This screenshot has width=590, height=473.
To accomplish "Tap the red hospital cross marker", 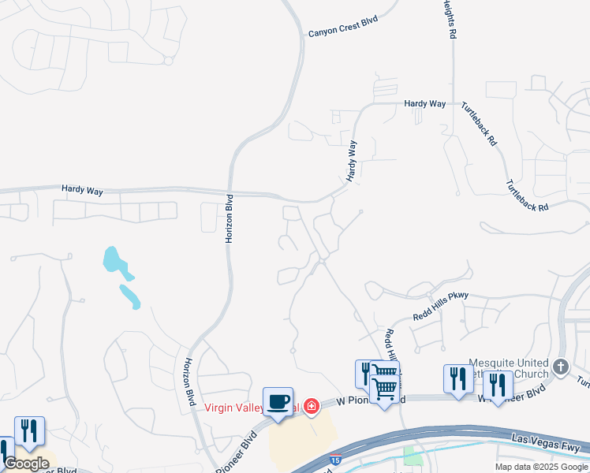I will pos(312,406).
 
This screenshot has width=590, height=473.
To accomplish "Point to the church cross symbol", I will pos(561,367).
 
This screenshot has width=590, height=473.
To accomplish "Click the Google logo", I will pos(27,464).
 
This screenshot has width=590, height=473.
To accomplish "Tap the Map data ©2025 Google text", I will pos(541,467).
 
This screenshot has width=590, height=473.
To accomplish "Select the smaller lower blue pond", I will pos(130,296).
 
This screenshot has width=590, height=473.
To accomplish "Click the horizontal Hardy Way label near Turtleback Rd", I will pos(424,104).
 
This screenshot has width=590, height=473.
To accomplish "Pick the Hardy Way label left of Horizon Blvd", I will pos(83,189).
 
